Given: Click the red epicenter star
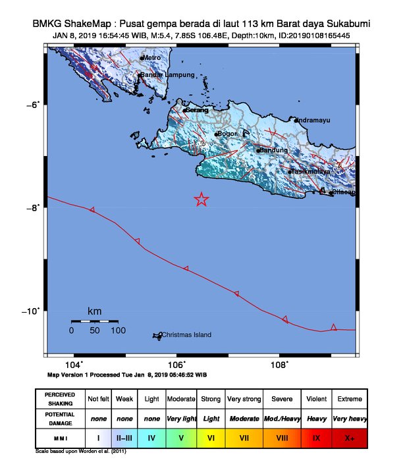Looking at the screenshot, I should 201,199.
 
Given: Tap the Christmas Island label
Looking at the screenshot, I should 186,335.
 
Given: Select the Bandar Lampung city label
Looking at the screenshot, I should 164,75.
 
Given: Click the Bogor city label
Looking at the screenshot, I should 227,134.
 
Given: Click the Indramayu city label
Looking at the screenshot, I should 313,120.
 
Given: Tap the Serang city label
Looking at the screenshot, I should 197,110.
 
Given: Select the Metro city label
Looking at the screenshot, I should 151,58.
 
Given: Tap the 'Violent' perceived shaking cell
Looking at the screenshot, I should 316,399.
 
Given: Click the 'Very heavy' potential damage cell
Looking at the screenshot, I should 350,418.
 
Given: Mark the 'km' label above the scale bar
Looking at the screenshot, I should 95,311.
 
